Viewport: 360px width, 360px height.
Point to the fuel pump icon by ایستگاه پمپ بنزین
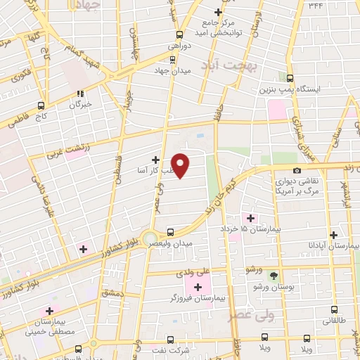pos(290,79)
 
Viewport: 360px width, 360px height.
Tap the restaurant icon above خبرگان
pos(80,93)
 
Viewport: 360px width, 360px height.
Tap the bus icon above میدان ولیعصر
pos(171,231)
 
